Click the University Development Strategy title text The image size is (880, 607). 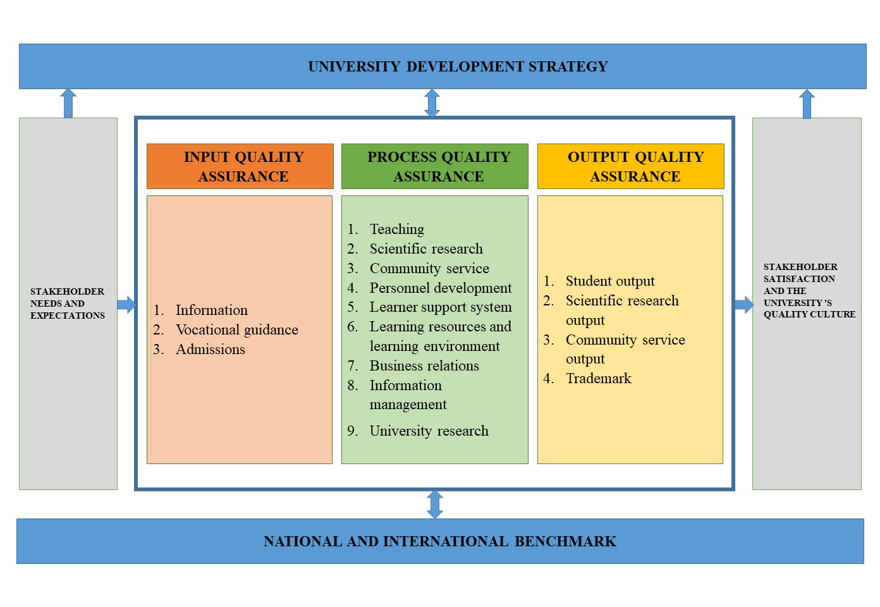[x=458, y=66]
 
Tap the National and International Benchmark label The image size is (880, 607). [x=440, y=541]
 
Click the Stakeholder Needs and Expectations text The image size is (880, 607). [x=68, y=303]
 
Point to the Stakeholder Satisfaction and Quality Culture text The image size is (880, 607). [x=809, y=290]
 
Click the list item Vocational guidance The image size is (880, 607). [x=236, y=329]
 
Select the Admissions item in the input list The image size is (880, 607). [x=210, y=349]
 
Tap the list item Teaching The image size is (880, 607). [x=396, y=229]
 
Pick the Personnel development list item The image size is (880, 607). [x=440, y=288]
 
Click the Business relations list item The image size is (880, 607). [x=424, y=365]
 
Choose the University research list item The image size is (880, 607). [x=429, y=431]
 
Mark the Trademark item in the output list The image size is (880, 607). [x=598, y=378]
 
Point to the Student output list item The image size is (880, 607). [x=609, y=281]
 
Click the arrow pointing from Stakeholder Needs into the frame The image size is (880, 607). [x=126, y=305]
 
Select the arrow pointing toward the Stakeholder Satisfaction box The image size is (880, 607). [x=743, y=305]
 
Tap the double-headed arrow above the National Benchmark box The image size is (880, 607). [x=435, y=505]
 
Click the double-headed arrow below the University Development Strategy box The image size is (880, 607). [x=432, y=103]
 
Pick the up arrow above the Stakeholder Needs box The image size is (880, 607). [x=68, y=103]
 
